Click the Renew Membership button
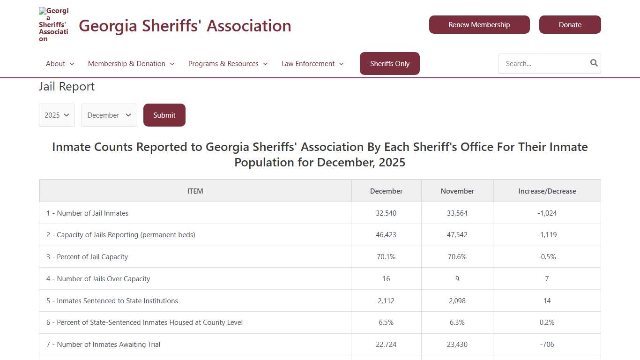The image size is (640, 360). tap(479, 25)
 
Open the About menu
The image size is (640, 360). tap(60, 64)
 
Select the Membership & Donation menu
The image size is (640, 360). tap(131, 64)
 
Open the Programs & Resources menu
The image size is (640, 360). tap(228, 64)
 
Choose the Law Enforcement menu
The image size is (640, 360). tap(312, 64)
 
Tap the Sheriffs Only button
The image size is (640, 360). tap(389, 64)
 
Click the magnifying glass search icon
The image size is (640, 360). tap(594, 63)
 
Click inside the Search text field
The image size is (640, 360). tap(543, 64)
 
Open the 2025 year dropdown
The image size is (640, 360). tap(57, 115)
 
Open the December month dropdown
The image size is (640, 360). tap(109, 115)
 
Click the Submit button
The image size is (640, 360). tap(164, 115)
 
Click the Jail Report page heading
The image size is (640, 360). tap(67, 87)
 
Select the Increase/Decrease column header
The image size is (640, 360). tap(547, 191)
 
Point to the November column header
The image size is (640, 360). tap(457, 191)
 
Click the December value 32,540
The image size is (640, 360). tap(386, 213)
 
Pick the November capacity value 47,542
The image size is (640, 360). tap(457, 235)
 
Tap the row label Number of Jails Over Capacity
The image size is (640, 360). tap(98, 279)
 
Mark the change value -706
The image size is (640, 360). tap(547, 345)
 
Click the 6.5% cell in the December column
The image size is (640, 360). tap(386, 322)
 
